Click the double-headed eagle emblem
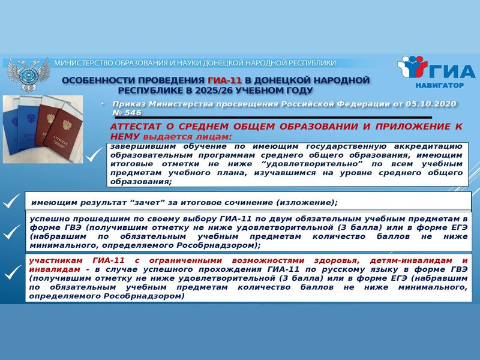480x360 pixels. coord(28,74)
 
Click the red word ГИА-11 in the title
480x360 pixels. coord(224,80)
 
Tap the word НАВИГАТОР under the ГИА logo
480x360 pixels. coord(439,85)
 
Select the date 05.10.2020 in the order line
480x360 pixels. coord(431,104)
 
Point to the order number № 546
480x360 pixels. coord(127,113)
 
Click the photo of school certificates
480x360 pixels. coord(43,129)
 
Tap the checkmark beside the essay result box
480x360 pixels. coord(11,201)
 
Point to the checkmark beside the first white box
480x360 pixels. coord(94,155)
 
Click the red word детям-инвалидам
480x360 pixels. coord(411,260)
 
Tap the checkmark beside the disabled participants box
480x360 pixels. coord(13,272)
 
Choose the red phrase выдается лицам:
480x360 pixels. coord(187,137)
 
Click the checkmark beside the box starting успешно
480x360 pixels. coord(11,232)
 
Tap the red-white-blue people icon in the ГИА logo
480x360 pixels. coord(412,67)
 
